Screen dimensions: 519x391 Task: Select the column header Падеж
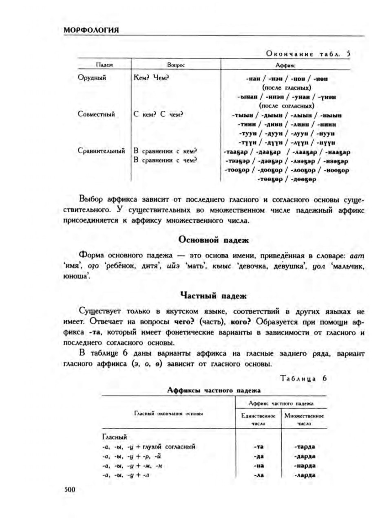point(104,65)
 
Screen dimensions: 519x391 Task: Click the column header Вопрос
point(176,65)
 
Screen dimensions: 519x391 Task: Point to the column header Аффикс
point(285,65)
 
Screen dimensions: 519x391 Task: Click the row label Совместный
point(96,114)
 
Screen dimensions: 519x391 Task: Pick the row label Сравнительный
point(101,151)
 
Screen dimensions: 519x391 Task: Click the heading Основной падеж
point(213,240)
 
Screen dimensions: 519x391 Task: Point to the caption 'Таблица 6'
point(304,378)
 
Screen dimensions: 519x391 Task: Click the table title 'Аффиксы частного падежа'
point(214,390)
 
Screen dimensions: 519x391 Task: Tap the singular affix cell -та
point(258,446)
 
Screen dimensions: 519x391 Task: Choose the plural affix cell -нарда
point(304,466)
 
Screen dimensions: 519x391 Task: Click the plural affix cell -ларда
point(304,475)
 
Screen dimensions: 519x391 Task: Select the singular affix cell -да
point(258,456)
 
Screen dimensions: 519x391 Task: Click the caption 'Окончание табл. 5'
point(308,53)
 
